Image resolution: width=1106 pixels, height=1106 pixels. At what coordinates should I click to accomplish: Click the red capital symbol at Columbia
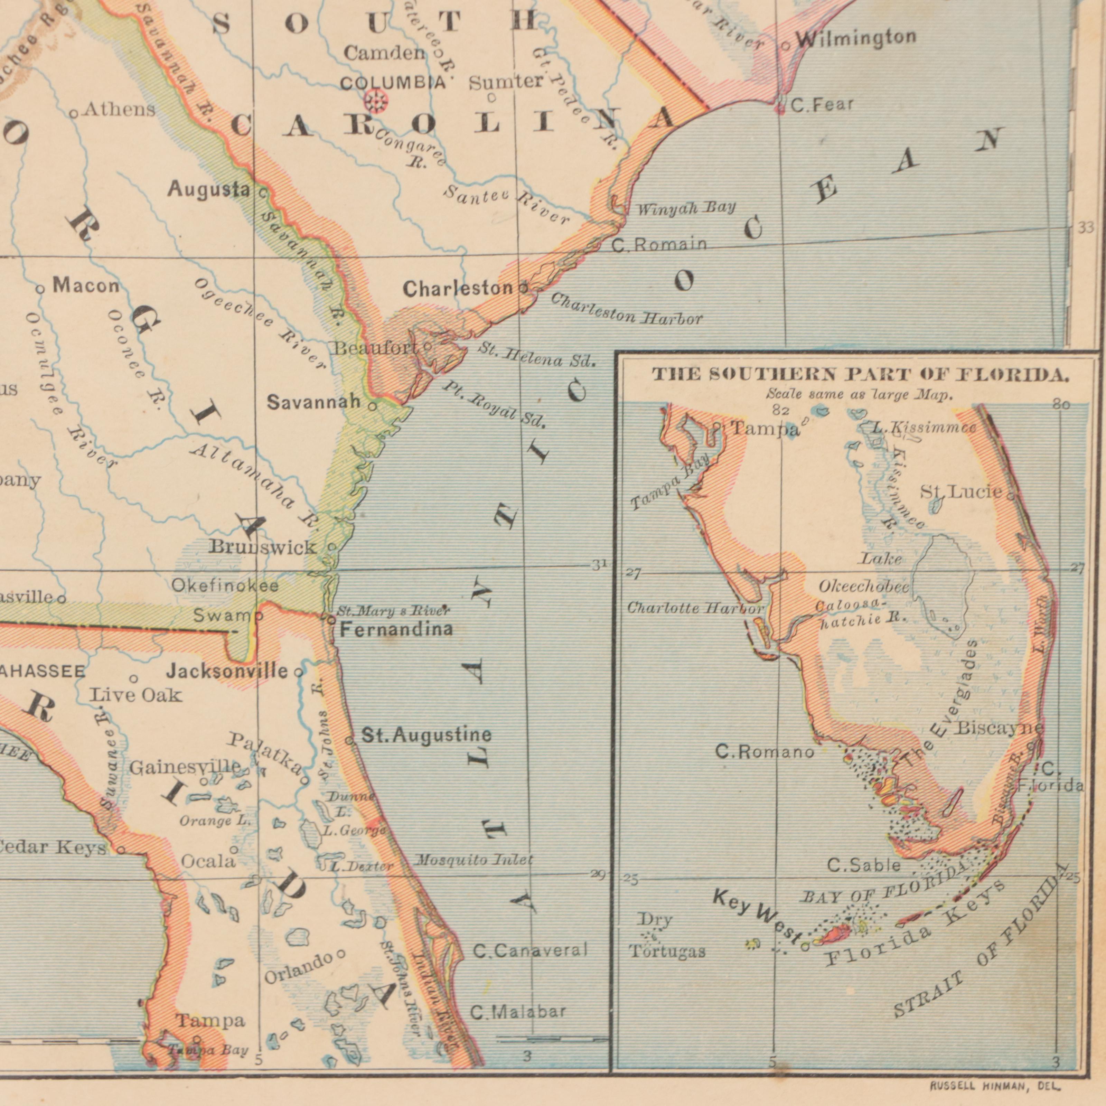376,101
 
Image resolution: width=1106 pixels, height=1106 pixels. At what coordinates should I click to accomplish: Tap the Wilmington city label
856,38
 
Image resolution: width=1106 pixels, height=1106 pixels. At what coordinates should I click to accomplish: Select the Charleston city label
458,289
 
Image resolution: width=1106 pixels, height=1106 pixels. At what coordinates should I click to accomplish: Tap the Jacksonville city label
227,671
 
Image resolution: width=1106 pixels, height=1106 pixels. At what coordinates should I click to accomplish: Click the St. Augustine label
427,734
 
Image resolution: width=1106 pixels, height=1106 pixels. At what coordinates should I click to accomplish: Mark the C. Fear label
822,105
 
